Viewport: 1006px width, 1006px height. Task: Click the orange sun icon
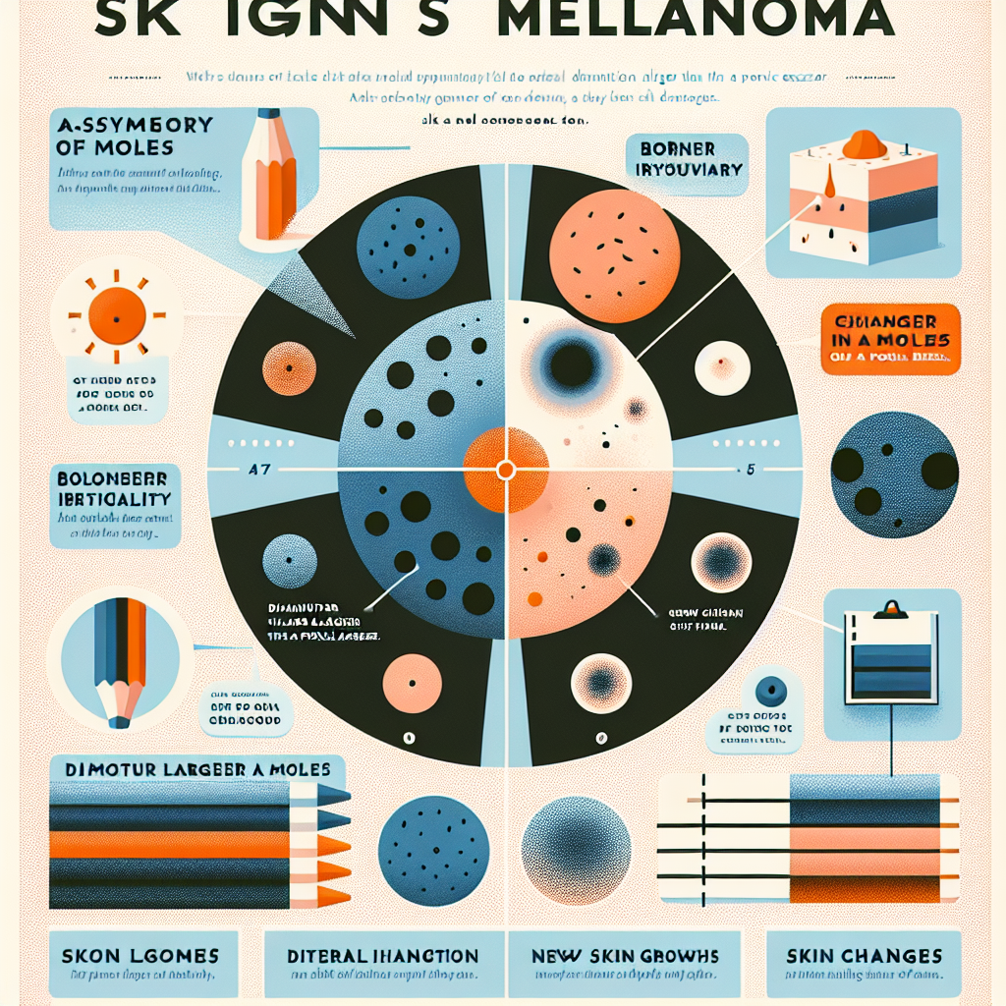(116, 319)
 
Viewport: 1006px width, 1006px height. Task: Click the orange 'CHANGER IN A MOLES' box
(889, 336)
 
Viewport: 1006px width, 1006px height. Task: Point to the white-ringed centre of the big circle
(505, 470)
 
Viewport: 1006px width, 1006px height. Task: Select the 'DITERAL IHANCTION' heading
(383, 955)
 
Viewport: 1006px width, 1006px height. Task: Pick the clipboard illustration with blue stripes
(889, 653)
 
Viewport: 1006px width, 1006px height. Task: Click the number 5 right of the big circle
(751, 470)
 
